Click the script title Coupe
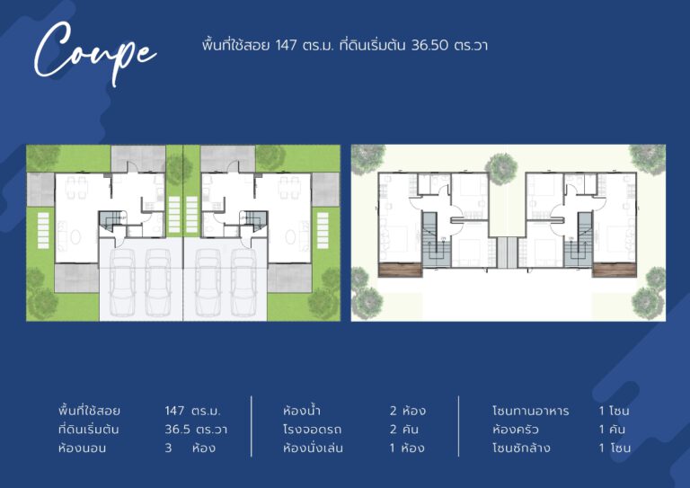[x=94, y=53]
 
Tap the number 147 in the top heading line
[x=286, y=45]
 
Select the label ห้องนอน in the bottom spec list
[x=82, y=448]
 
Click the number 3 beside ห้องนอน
[x=168, y=448]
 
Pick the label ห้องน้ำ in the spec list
[x=302, y=411]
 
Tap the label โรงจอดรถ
[x=312, y=429]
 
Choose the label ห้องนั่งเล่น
[x=313, y=448]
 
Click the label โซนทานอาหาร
[x=530, y=411]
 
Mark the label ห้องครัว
[x=516, y=429]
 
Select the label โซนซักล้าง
[x=521, y=448]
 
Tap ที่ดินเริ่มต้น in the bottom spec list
[x=88, y=429]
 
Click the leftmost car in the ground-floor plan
[x=122, y=281]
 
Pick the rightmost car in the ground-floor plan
[x=243, y=281]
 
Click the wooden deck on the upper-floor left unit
[x=400, y=270]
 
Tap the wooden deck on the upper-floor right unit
[x=615, y=270]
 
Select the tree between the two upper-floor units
[x=500, y=169]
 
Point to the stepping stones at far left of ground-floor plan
[x=43, y=231]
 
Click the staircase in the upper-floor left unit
[x=437, y=239]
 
